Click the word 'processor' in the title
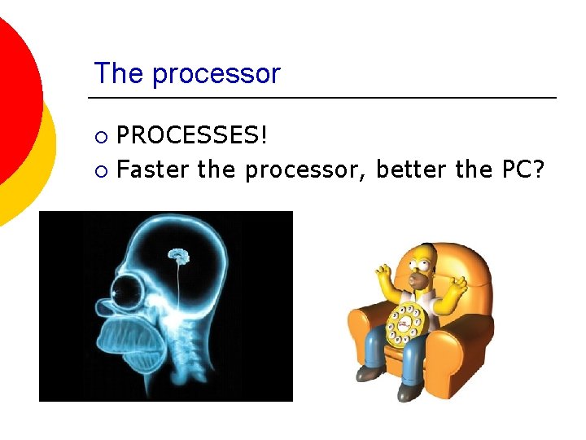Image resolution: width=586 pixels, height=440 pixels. (216, 74)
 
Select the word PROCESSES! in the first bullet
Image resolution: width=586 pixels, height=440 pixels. (192, 135)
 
